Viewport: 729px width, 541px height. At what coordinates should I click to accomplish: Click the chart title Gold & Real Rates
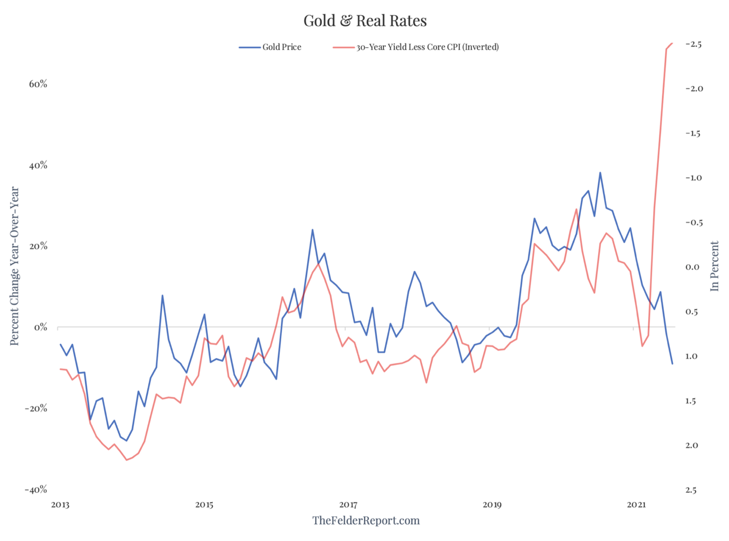365,21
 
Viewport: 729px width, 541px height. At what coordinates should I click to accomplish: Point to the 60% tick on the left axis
38,84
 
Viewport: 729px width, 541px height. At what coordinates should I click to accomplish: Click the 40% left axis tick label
38,166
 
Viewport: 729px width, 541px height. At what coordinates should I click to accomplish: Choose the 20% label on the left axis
38,247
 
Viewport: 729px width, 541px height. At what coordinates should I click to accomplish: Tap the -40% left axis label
36,490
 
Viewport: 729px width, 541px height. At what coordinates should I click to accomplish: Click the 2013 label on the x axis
60,504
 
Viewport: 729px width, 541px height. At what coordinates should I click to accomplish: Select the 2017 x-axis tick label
348,504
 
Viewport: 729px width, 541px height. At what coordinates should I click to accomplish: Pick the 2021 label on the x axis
636,504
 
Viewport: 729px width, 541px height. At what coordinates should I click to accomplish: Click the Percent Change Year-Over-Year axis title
15,266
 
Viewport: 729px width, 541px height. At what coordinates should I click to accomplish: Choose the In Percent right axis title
714,266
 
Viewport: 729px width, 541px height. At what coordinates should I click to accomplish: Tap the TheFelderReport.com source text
366,520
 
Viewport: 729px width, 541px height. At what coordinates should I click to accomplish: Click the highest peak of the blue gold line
600,172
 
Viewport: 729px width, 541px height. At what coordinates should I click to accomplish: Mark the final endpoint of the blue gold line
672,363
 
